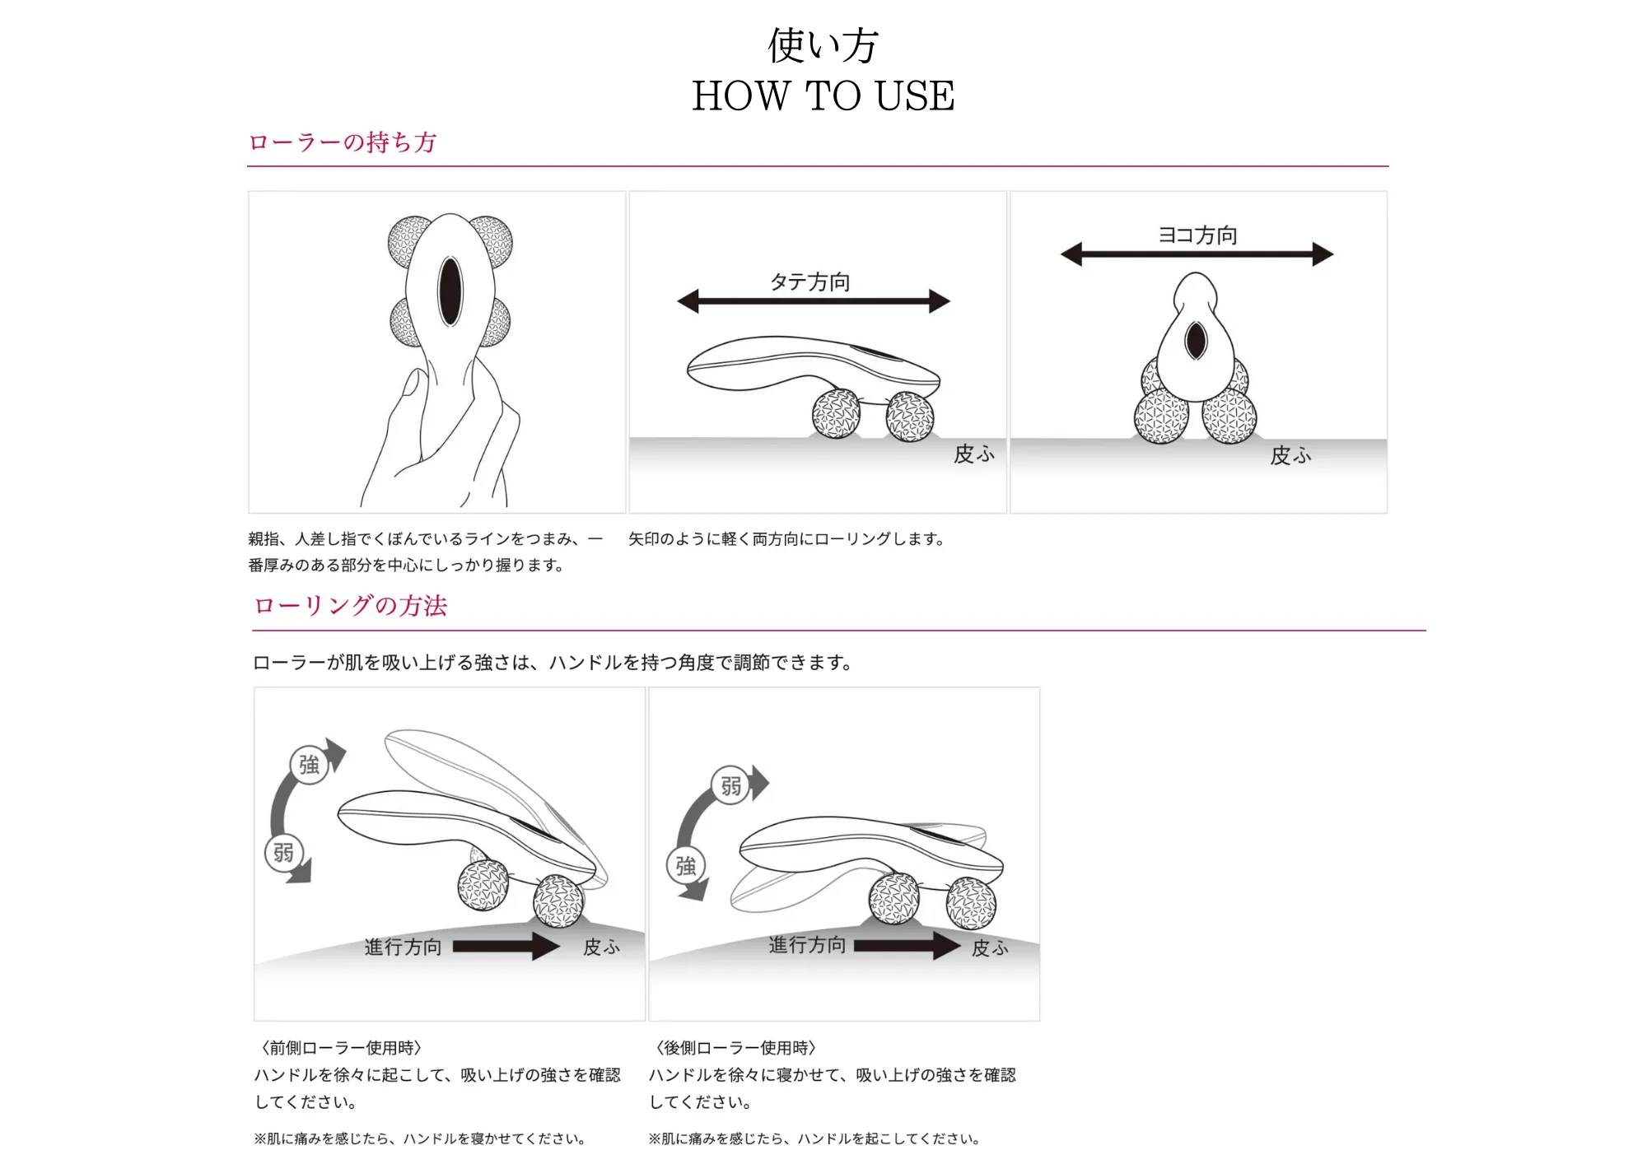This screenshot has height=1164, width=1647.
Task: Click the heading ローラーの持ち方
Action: (342, 142)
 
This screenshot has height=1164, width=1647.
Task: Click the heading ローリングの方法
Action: (350, 606)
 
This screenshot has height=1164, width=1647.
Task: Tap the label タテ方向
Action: (810, 282)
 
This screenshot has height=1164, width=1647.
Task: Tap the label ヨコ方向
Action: (1197, 235)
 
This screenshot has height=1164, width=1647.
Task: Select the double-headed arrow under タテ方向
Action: (814, 301)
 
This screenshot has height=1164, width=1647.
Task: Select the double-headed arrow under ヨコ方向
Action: (1197, 254)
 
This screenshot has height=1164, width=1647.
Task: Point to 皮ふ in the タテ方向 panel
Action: (974, 454)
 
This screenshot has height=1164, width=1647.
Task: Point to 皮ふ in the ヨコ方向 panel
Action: (1290, 455)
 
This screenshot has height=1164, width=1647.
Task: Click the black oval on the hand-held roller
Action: (450, 291)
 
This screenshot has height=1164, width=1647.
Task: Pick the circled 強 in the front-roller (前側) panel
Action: (310, 765)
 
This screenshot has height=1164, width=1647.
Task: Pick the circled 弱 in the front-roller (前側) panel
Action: (283, 853)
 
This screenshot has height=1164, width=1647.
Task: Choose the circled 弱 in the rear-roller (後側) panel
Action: (730, 786)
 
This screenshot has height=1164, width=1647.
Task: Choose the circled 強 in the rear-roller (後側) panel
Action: (686, 866)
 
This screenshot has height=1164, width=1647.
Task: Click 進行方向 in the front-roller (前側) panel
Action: (404, 947)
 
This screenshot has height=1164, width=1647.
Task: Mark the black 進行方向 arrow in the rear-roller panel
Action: (906, 946)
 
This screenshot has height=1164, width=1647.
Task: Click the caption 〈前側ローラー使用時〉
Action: (342, 1048)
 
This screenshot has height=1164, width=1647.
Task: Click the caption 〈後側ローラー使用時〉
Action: (736, 1048)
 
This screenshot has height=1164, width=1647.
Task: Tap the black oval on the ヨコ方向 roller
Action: (1196, 340)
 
